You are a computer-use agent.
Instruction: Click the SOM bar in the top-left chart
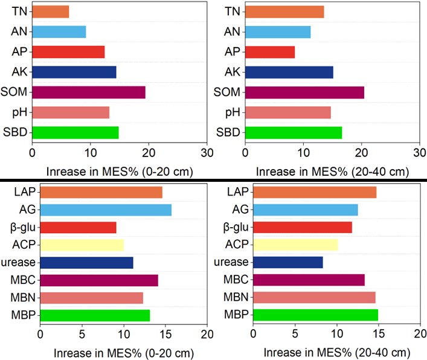88,92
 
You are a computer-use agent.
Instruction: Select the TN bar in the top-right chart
284,11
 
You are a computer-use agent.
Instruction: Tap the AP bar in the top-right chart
269,52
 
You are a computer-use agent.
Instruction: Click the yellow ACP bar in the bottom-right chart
295,245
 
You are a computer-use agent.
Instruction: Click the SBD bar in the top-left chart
75,132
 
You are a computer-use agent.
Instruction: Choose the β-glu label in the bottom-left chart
22,228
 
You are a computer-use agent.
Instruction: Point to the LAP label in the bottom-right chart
236,193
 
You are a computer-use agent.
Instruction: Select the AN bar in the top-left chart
59,31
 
